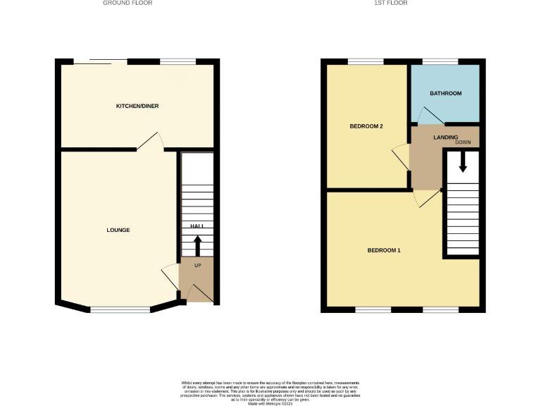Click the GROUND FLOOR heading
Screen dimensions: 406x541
(128, 3)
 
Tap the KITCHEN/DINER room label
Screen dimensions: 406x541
(137, 106)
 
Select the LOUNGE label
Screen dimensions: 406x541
(118, 230)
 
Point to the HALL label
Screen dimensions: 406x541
(197, 226)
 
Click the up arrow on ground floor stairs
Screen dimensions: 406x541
(197, 245)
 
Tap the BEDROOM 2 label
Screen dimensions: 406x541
(366, 127)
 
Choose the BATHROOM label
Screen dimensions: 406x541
(446, 94)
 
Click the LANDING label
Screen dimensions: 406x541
(446, 137)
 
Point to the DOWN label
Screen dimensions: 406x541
(463, 143)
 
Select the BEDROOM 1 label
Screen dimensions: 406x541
(385, 250)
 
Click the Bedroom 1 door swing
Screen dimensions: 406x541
(428, 198)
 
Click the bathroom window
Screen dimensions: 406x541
(440, 63)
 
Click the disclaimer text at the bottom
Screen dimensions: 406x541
(270, 390)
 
